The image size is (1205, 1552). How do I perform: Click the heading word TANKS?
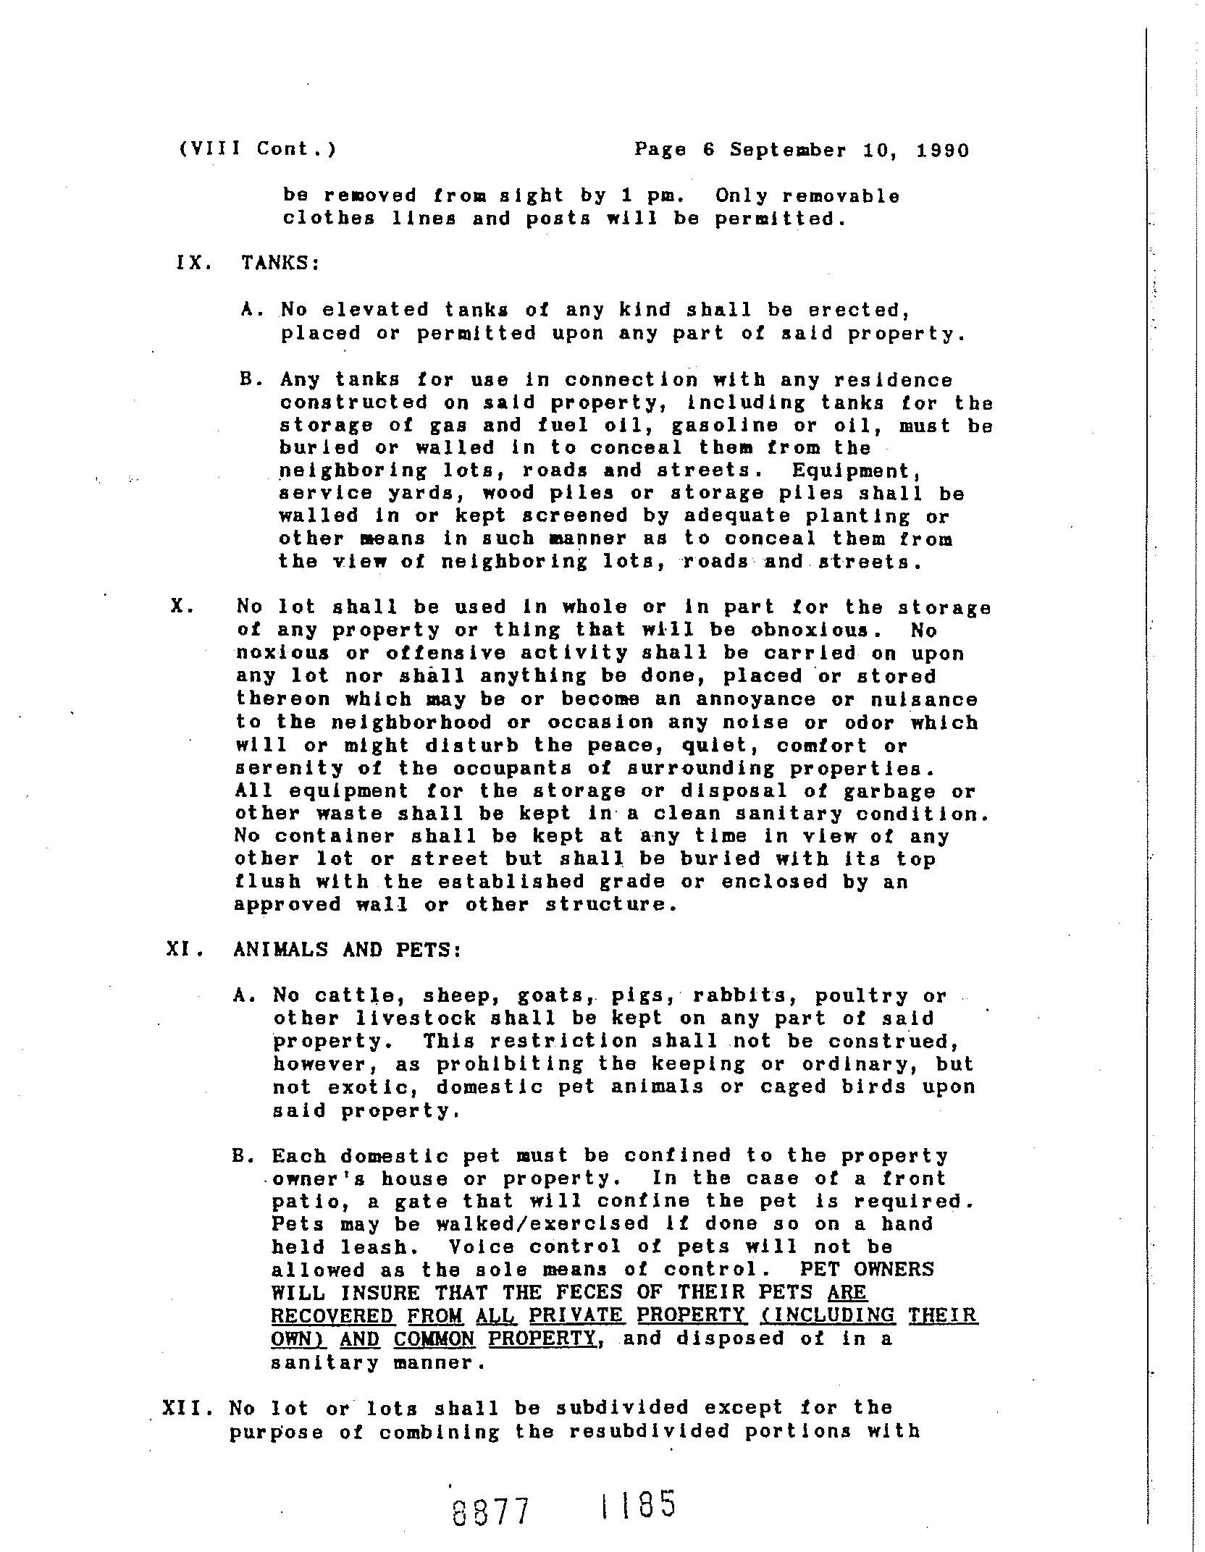click(280, 263)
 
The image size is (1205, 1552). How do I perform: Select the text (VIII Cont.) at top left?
click(257, 149)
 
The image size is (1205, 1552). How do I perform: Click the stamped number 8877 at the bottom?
click(491, 1512)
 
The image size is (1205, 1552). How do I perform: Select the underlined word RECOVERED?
click(332, 1315)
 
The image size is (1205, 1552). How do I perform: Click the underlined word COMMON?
click(434, 1338)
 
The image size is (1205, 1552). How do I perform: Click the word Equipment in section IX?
click(855, 471)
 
